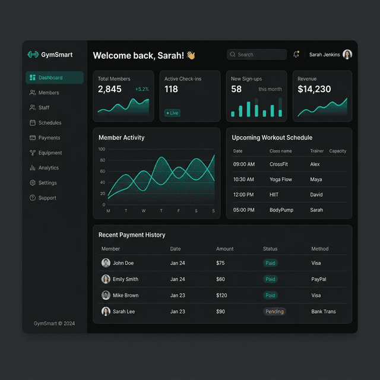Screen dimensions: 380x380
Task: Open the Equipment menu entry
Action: [50, 153]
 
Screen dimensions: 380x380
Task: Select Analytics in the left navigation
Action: [48, 168]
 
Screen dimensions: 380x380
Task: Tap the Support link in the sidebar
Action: [47, 198]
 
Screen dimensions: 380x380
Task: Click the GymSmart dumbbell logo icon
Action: [33, 55]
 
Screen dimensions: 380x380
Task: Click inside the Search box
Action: [257, 55]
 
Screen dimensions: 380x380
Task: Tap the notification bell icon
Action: [296, 55]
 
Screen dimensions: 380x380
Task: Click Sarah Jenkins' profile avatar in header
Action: [347, 55]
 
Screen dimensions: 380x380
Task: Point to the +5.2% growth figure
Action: [142, 89]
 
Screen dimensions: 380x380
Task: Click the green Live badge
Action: [172, 113]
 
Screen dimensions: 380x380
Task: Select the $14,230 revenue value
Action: [314, 89]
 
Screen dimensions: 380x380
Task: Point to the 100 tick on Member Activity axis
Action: [102, 149]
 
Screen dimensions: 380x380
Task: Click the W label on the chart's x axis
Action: [144, 211]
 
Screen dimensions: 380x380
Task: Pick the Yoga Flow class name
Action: [281, 179]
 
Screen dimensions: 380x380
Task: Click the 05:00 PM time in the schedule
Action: [243, 210]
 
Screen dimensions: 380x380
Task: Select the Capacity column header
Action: [337, 151]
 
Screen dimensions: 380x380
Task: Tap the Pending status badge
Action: [274, 312]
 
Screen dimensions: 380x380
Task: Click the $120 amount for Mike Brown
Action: [221, 295]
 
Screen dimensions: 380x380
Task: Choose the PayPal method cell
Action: [319, 279]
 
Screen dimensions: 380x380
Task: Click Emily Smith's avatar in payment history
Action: [106, 279]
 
